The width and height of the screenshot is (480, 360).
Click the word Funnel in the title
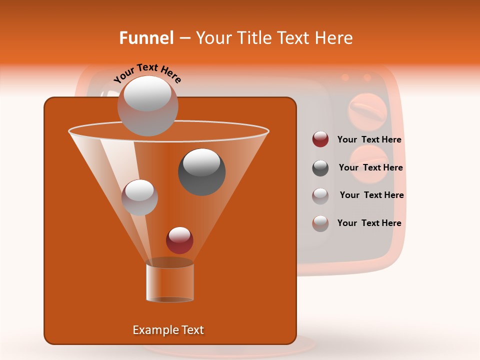tap(146, 38)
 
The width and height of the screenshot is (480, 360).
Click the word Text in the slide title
tap(294, 38)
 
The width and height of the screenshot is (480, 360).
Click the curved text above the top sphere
tap(147, 73)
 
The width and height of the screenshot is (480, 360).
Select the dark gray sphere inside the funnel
tap(202, 171)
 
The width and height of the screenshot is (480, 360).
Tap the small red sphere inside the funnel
tap(179, 240)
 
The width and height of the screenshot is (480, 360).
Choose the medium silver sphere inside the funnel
tap(139, 197)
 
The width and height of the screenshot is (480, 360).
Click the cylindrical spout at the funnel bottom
tap(170, 281)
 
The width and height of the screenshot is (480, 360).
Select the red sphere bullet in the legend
tap(320, 139)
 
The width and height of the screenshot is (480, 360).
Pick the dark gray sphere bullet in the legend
tap(320, 167)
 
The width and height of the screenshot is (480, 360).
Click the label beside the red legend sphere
tap(369, 139)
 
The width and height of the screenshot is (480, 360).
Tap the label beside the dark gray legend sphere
tap(370, 167)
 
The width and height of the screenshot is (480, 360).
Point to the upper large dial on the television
tap(367, 109)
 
